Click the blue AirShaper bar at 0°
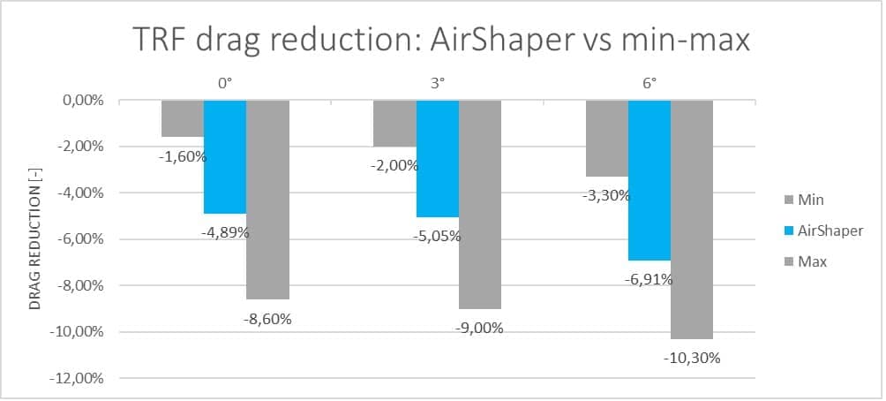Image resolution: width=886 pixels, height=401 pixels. (x=225, y=157)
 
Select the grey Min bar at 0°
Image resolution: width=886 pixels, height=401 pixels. (x=183, y=118)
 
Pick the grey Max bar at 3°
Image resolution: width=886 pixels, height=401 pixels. (x=480, y=205)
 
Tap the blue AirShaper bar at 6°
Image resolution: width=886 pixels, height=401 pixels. (x=649, y=180)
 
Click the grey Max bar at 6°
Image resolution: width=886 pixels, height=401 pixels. (x=692, y=220)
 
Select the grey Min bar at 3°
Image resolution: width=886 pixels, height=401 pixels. (x=395, y=124)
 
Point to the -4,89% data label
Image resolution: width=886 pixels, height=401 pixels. (x=225, y=232)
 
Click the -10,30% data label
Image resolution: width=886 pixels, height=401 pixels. (x=692, y=358)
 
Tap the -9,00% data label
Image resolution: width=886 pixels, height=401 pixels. (x=479, y=328)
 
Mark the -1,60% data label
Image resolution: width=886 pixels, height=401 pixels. (x=183, y=156)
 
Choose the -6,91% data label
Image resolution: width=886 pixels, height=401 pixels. (x=649, y=279)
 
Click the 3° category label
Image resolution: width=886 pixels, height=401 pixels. (x=438, y=83)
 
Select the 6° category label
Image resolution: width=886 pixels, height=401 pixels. (x=649, y=83)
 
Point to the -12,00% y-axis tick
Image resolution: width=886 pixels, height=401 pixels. (x=78, y=379)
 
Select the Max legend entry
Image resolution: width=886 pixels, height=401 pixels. (x=805, y=261)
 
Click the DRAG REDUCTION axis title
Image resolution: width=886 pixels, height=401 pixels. (x=35, y=249)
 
